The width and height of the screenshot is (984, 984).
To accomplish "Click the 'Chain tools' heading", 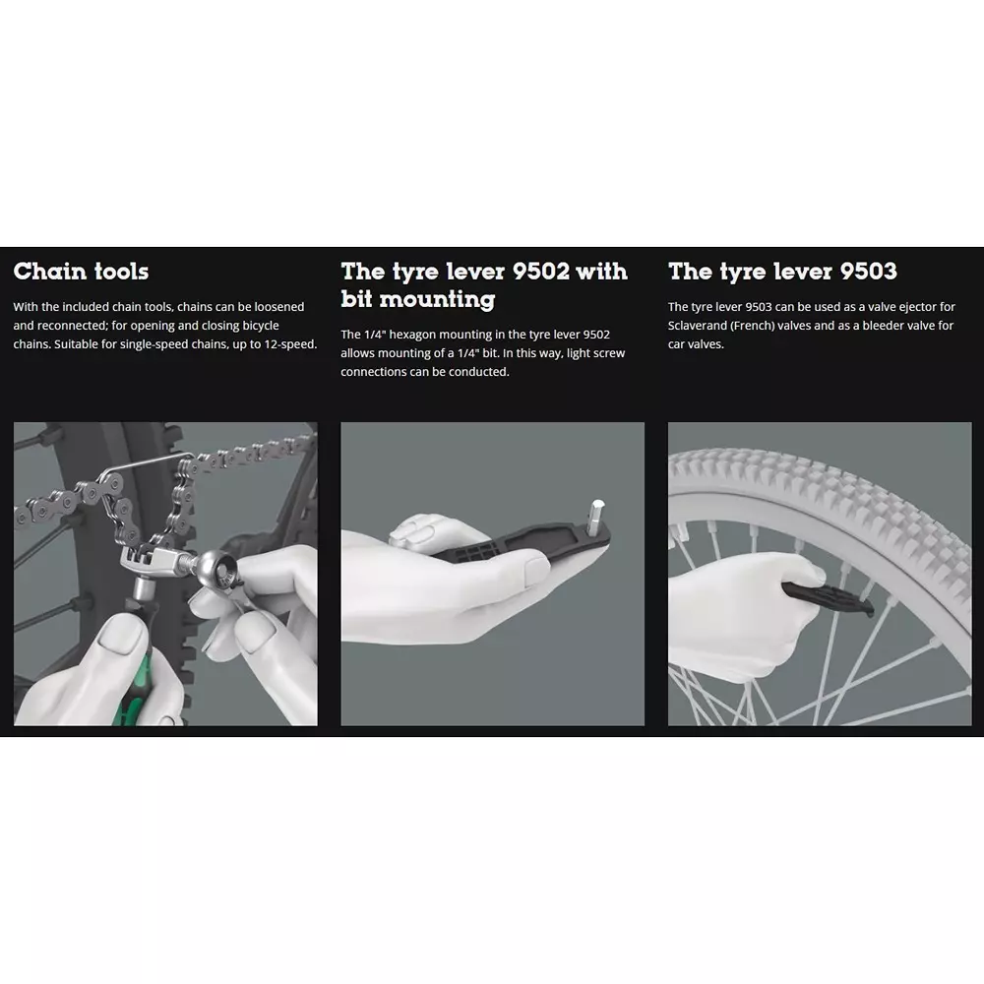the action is click(x=81, y=272).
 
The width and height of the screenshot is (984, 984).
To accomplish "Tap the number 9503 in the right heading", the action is click(x=869, y=272).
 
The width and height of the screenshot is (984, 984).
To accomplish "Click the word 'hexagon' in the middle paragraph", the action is click(x=412, y=335).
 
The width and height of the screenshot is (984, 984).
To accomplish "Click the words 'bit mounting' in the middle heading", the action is click(x=418, y=299).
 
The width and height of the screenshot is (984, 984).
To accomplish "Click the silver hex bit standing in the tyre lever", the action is click(x=596, y=518).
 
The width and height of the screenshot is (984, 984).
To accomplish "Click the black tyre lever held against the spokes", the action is click(x=829, y=598).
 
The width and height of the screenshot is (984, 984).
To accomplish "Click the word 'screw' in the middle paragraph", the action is click(x=608, y=353).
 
